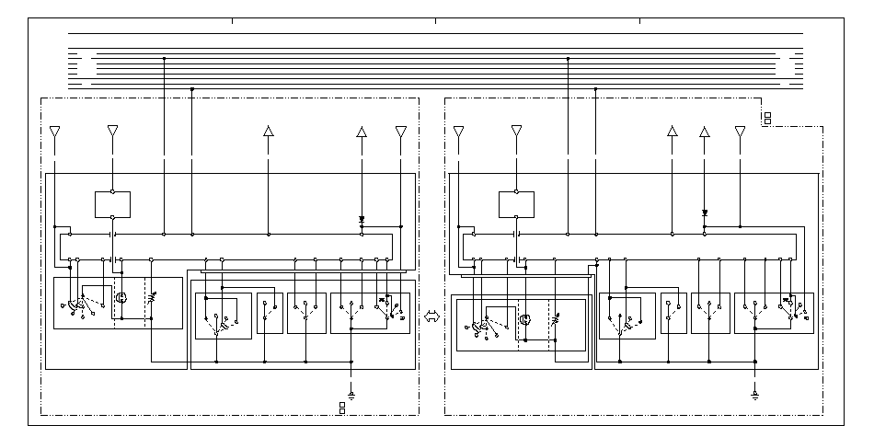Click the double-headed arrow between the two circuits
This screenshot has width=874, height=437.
pos(431,315)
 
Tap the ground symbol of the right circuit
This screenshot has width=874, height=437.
pos(754,393)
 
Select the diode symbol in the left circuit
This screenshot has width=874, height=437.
pos(362,221)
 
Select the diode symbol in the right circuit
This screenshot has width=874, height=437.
pos(704,213)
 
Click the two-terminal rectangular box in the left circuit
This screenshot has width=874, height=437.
pos(112,204)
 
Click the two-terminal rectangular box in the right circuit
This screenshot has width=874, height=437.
pos(516,204)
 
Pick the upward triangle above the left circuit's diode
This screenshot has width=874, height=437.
pos(362,132)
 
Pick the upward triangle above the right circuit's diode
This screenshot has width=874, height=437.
pos(704,132)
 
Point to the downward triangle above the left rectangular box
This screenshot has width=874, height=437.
pos(112,132)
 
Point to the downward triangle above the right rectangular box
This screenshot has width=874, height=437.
pos(516,132)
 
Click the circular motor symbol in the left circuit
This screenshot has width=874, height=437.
pos(121,298)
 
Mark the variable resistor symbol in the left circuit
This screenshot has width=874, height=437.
pos(151,298)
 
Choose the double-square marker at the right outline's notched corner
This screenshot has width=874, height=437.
pos(766,118)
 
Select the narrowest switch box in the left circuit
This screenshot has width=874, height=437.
pos(270,313)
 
